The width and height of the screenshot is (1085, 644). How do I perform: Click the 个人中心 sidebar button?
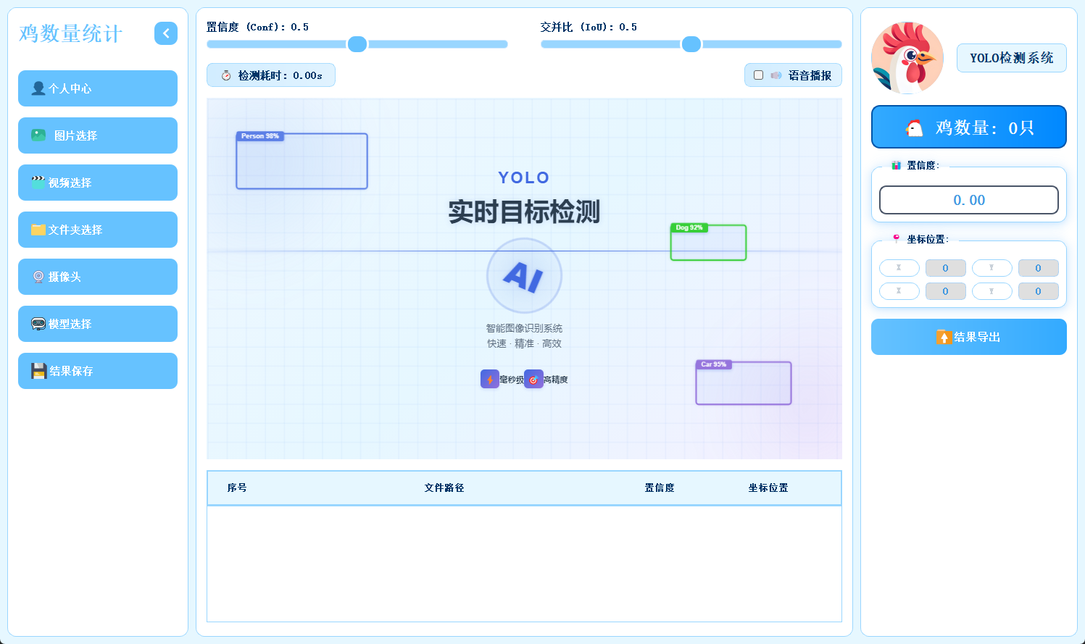[98, 88]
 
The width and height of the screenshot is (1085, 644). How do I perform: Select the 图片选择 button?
[98, 135]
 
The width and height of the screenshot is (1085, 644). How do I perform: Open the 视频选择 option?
[98, 183]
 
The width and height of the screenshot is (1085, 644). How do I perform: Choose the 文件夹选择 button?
[98, 230]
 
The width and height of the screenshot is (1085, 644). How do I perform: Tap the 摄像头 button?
[98, 277]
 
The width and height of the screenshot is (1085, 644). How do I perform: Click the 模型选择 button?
[98, 324]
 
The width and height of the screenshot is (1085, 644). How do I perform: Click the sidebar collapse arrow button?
[166, 33]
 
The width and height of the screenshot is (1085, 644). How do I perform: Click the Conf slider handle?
[357, 44]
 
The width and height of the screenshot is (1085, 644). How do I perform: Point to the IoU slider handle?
[691, 44]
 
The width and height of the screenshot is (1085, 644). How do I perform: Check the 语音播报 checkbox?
[758, 75]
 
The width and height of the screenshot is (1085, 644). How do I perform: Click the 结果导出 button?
[968, 337]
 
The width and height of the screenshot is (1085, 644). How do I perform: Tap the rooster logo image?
[907, 58]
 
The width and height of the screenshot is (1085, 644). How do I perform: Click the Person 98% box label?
[260, 136]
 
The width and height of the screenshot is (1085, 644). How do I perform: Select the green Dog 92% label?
[689, 227]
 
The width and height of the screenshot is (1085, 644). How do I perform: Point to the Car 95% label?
[713, 364]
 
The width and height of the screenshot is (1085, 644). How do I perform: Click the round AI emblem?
[524, 276]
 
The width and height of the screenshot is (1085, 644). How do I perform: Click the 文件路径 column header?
[444, 488]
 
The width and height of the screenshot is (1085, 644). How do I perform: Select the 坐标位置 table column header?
[768, 488]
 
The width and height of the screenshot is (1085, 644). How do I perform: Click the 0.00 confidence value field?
[968, 200]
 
